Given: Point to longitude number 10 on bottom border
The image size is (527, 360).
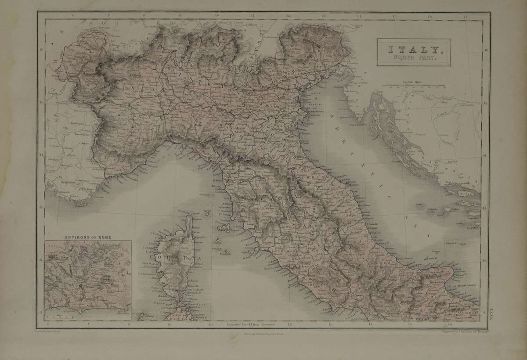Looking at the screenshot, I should pos(210,325).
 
